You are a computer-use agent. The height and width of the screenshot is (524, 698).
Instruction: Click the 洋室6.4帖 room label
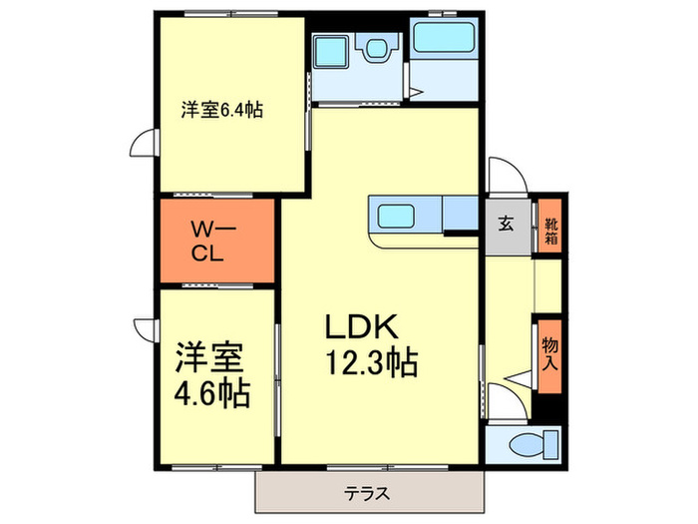[221, 111]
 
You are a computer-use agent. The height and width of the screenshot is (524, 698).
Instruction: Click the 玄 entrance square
[507, 225]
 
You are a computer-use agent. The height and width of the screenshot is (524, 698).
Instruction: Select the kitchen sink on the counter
[397, 215]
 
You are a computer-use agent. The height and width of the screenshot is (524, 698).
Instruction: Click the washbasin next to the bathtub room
[376, 47]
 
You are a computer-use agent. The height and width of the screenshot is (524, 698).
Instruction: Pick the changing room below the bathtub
[445, 80]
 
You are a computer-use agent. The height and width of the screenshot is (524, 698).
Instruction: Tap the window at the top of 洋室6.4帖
[226, 14]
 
